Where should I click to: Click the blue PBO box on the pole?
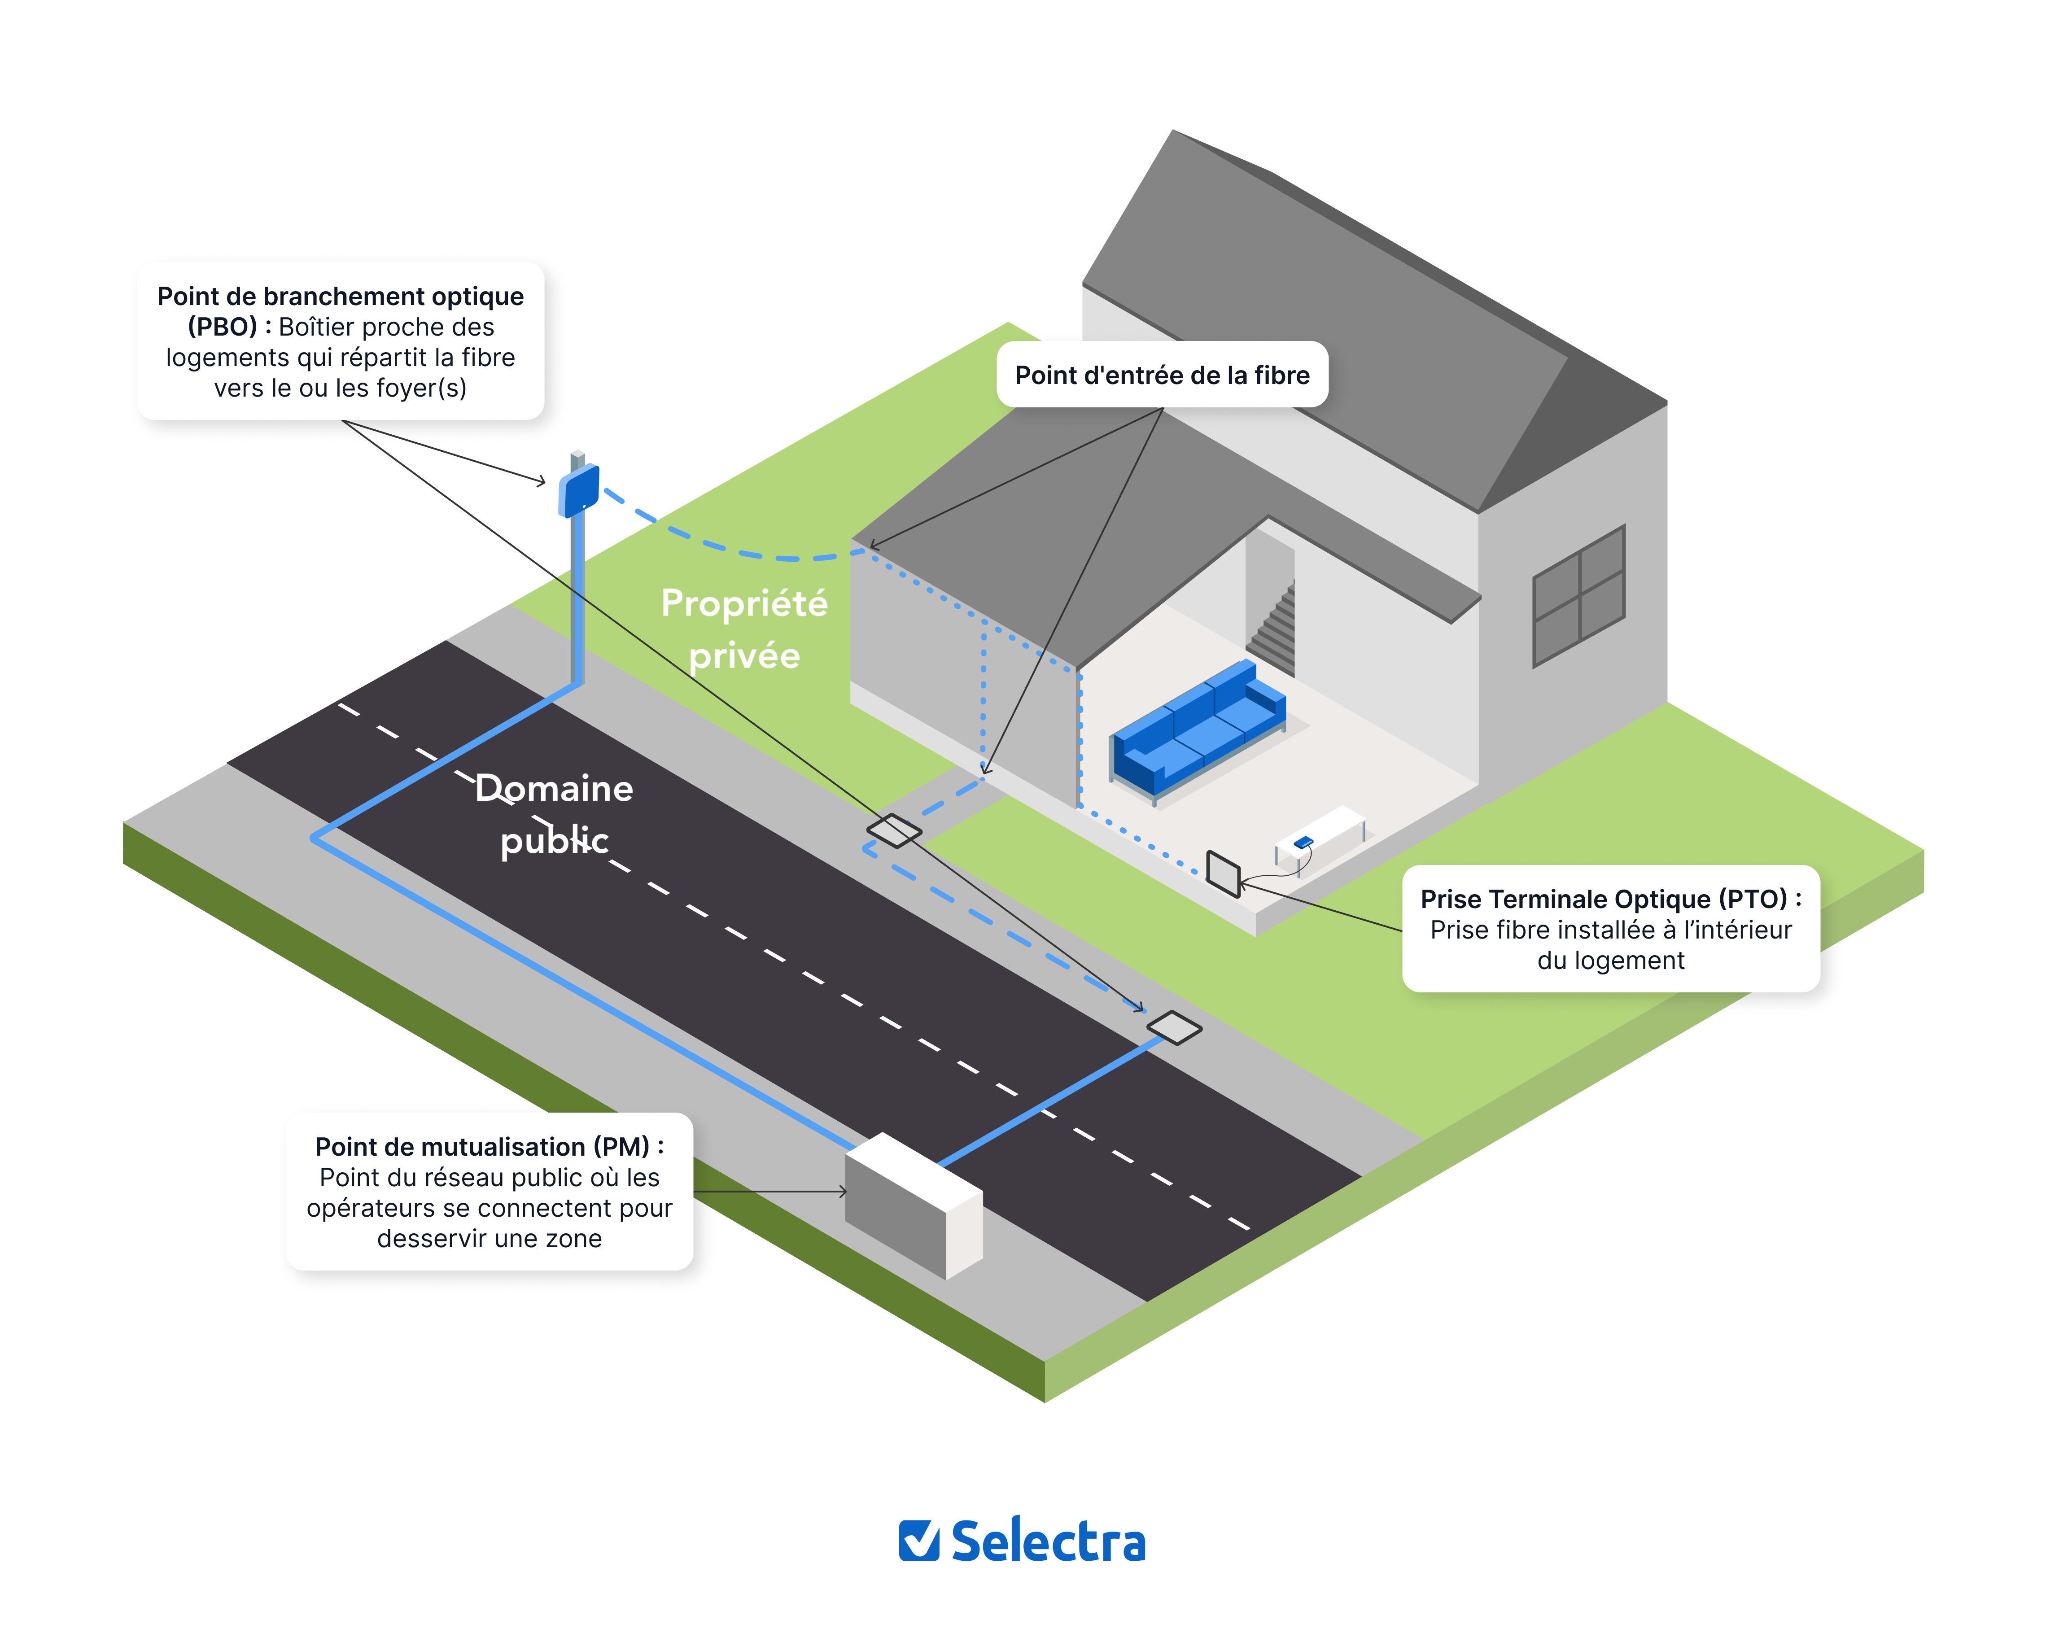579,490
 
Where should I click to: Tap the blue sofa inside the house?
1198,729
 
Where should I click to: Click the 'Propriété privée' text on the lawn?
744,629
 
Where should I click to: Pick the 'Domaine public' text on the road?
554,813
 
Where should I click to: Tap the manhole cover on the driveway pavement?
893,830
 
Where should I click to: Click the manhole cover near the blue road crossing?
1174,1027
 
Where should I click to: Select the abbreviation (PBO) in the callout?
222,327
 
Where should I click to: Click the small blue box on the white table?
1304,841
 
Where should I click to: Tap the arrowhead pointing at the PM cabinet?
843,1191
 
